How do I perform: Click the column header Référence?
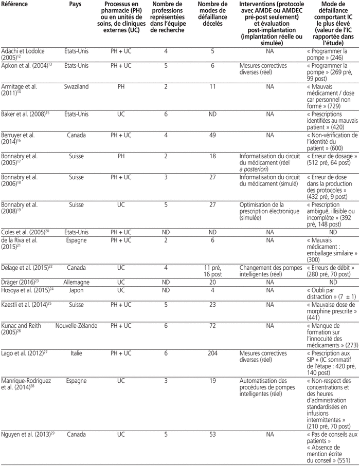click(15, 5)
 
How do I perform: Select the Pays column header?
click(76, 5)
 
